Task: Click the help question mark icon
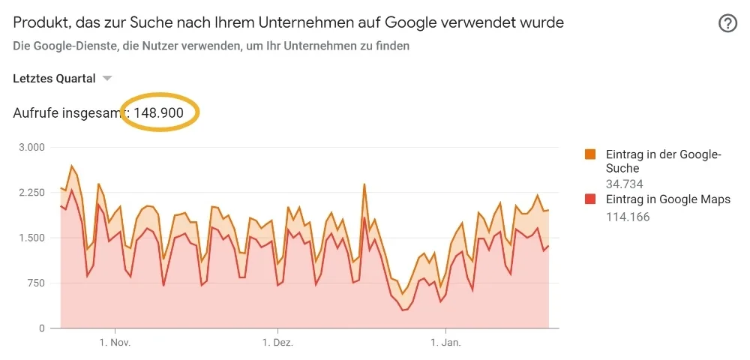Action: [727, 23]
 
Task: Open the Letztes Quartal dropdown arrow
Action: [107, 79]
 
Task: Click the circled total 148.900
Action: [158, 112]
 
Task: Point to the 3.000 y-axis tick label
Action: [31, 147]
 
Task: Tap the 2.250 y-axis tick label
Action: [31, 193]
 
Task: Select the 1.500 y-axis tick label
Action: [31, 238]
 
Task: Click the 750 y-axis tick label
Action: [35, 283]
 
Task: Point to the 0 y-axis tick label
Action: [41, 328]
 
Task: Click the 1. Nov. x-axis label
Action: [115, 343]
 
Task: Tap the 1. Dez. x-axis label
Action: [277, 343]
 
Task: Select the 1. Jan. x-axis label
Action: [446, 343]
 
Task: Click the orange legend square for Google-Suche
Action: [590, 155]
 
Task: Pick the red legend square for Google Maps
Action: [590, 199]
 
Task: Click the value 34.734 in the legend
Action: [624, 184]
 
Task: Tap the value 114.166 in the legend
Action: [628, 217]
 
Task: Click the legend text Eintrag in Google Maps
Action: [668, 199]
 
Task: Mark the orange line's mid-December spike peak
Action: [364, 184]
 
